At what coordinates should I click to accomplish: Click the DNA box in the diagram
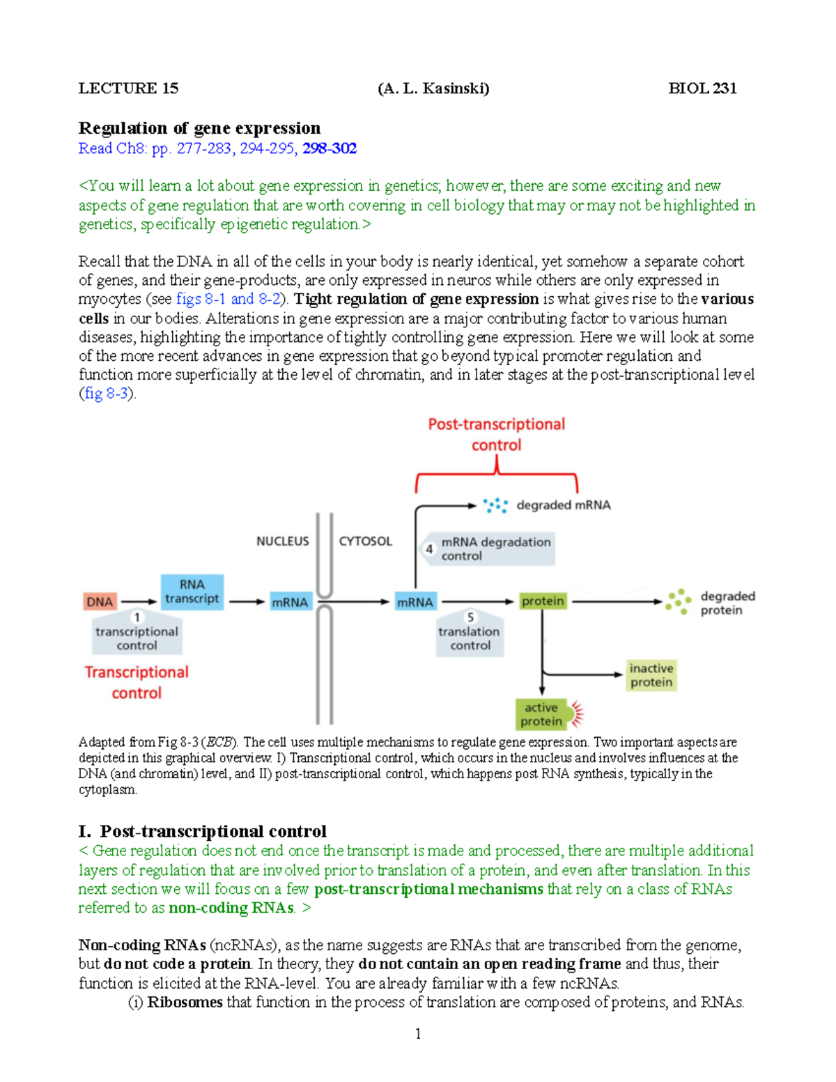(x=100, y=601)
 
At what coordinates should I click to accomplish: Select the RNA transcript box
(x=192, y=592)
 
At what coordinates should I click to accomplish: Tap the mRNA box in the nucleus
(x=290, y=602)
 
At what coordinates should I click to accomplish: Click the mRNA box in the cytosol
(x=415, y=602)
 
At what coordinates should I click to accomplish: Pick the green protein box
(x=543, y=601)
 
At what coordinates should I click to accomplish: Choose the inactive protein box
(x=651, y=675)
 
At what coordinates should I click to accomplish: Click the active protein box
(x=542, y=714)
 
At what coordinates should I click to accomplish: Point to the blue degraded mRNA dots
(x=495, y=505)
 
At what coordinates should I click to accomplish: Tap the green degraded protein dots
(x=678, y=601)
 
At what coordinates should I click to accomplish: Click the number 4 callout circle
(x=429, y=549)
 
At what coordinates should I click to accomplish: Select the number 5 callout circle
(x=470, y=617)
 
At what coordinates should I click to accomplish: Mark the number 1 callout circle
(x=137, y=617)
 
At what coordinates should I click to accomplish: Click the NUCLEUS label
(x=282, y=541)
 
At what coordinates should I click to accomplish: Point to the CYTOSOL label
(x=365, y=541)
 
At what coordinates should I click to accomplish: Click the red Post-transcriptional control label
(x=496, y=434)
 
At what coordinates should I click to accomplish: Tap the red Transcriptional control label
(x=137, y=682)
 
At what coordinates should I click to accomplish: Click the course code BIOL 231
(x=702, y=88)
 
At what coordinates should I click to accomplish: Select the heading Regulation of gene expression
(x=199, y=128)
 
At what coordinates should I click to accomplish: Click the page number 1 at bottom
(x=418, y=1033)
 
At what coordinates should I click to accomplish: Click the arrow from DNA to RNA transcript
(x=139, y=602)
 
